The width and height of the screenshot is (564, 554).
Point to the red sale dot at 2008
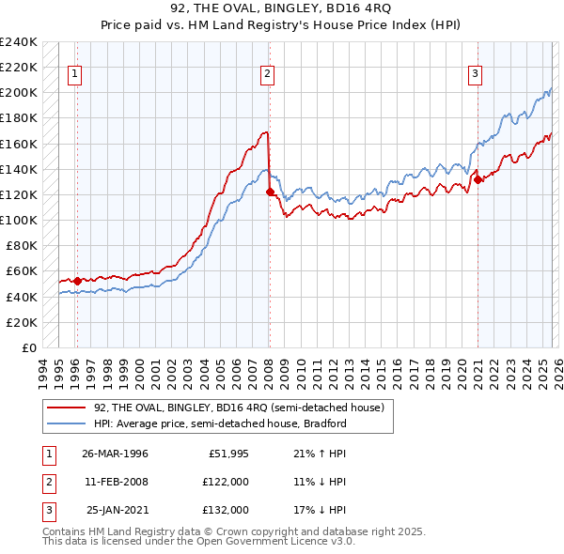coord(270,192)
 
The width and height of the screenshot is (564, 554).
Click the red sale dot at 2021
coord(478,179)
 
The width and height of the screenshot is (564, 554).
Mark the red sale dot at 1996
coord(77,281)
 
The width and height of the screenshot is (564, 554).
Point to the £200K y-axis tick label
coord(19,93)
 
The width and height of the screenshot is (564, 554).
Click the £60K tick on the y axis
coord(22,271)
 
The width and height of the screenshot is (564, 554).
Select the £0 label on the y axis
coord(30,347)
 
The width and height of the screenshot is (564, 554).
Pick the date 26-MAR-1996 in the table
coord(115,454)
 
